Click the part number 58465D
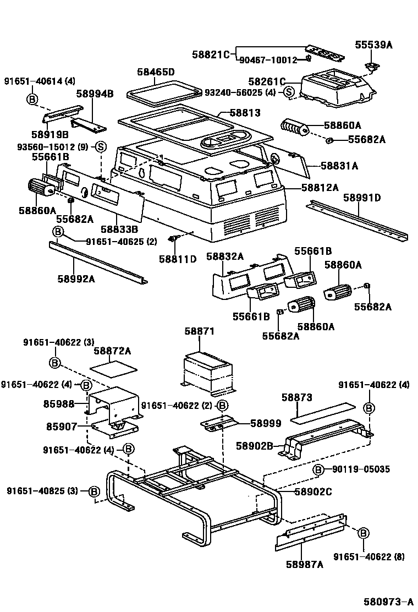click(156, 72)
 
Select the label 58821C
click(211, 54)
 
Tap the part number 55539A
click(374, 46)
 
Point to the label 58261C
click(267, 81)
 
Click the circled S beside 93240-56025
click(289, 92)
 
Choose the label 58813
click(245, 113)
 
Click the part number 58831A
click(339, 165)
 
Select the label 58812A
click(320, 188)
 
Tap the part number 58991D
click(362, 198)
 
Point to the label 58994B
click(94, 94)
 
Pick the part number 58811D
click(178, 259)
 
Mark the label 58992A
click(76, 278)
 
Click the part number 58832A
click(225, 256)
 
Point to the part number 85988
click(59, 404)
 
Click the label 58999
click(266, 423)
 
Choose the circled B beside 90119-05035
click(318, 469)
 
